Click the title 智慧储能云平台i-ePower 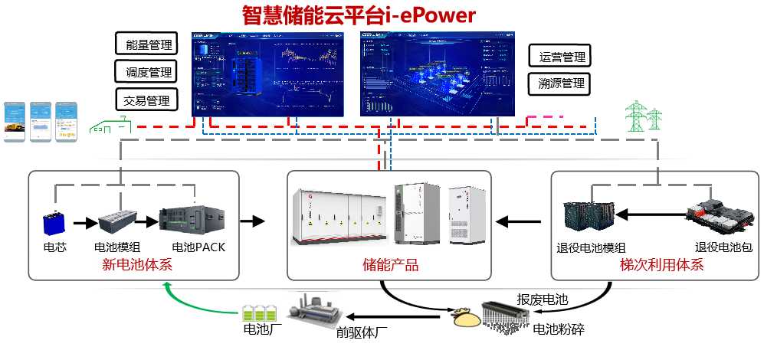(359, 15)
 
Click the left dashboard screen (267, 74)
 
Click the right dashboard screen (437, 74)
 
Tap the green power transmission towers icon (644, 116)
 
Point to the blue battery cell (54, 223)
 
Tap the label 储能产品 (390, 266)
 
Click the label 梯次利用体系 (661, 266)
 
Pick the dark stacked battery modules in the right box (590, 215)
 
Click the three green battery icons (259, 313)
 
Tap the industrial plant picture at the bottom (313, 311)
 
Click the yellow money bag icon (466, 317)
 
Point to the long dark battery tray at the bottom (506, 314)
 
